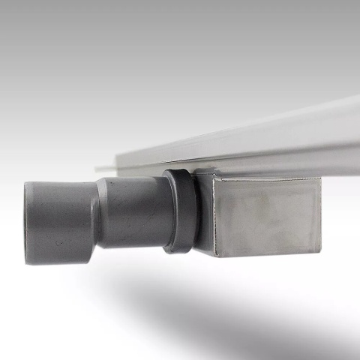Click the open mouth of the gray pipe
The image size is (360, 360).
pos(28,223)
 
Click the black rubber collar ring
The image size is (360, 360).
pos(181,210)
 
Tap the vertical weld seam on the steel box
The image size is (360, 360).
pos(218,217)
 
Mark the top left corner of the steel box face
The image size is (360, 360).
pos(217,180)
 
